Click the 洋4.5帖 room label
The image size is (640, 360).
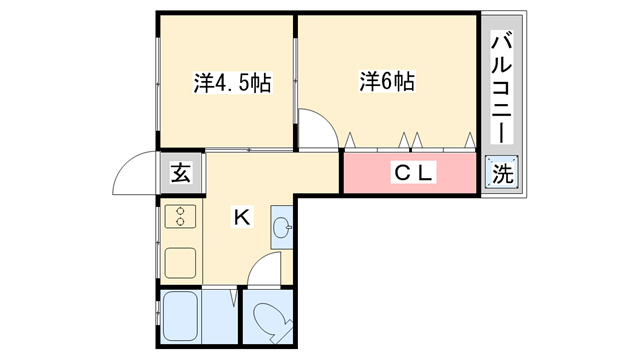tap(232, 83)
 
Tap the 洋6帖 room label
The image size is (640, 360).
tap(387, 81)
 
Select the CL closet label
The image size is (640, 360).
tap(413, 173)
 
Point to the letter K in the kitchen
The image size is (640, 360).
tap(242, 217)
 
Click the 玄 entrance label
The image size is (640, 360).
tap(180, 173)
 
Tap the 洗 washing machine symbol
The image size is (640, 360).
tap(502, 173)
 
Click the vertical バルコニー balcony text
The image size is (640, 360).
tap(502, 87)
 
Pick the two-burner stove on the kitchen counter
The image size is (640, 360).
tap(180, 216)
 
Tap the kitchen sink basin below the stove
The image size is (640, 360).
tap(180, 263)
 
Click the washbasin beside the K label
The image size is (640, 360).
tap(282, 227)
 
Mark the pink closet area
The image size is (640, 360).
tap(410, 173)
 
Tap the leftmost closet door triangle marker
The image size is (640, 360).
tap(350, 140)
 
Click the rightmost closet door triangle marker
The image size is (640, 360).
tap(470, 140)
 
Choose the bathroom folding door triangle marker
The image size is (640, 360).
tap(233, 298)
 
